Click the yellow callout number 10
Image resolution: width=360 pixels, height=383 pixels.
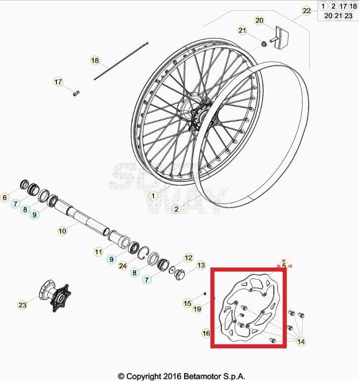tap(62, 231)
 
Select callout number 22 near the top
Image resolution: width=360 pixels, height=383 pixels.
tap(307, 11)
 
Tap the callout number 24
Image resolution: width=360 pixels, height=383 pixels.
tap(122, 266)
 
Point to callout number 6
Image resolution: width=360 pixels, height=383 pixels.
tap(5, 198)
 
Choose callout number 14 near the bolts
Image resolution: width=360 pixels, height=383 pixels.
tap(301, 341)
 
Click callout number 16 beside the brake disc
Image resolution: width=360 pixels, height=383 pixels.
tap(206, 334)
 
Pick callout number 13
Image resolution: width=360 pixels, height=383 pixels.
tap(201, 266)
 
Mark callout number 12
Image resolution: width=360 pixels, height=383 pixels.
tap(188, 258)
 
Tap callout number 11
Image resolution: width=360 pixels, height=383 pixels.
tap(99, 252)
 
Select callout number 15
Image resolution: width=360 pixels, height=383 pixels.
tap(187, 303)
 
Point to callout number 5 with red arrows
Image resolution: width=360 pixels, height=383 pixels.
tap(284, 266)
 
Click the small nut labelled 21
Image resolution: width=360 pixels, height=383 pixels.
tap(265, 45)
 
